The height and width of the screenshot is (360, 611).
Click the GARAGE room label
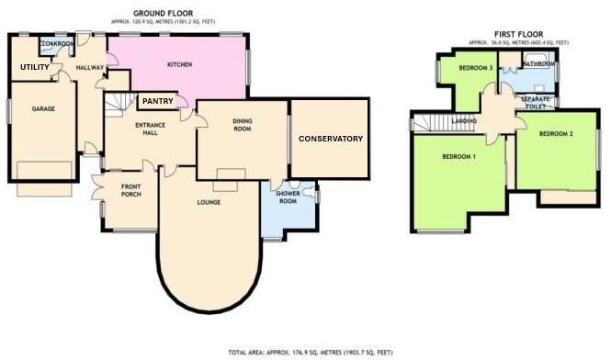[43, 108]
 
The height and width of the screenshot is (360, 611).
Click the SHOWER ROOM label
[289, 204]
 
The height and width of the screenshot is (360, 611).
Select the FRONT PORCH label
[130, 195]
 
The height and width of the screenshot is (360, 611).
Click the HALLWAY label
[90, 67]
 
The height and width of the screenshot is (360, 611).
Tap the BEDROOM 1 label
[458, 157]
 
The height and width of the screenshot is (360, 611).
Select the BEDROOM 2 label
[556, 134]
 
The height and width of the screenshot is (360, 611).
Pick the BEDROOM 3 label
[478, 68]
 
